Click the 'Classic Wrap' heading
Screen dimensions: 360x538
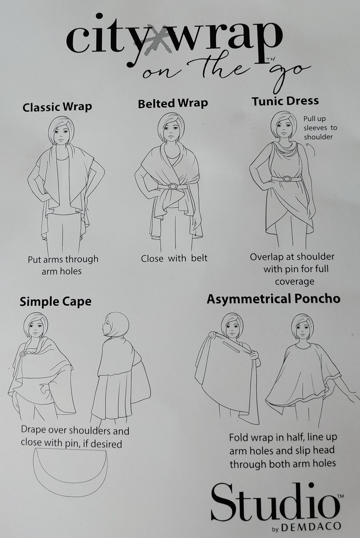[57, 107]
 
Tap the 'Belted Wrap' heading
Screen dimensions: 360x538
[173, 104]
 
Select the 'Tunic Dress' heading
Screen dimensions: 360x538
[285, 101]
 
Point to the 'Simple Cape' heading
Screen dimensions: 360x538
[56, 302]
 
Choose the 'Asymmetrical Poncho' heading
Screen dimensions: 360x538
[273, 299]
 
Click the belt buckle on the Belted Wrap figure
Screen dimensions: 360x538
[172, 187]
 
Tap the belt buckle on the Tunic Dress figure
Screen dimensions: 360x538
[286, 179]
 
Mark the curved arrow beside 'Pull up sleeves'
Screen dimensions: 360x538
[313, 148]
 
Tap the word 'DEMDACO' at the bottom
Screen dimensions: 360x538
[311, 526]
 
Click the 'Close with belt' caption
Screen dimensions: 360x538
[174, 258]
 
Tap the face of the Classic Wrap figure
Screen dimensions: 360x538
[61, 132]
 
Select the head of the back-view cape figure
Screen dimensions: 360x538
[117, 324]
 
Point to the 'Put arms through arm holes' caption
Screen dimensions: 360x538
[63, 265]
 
